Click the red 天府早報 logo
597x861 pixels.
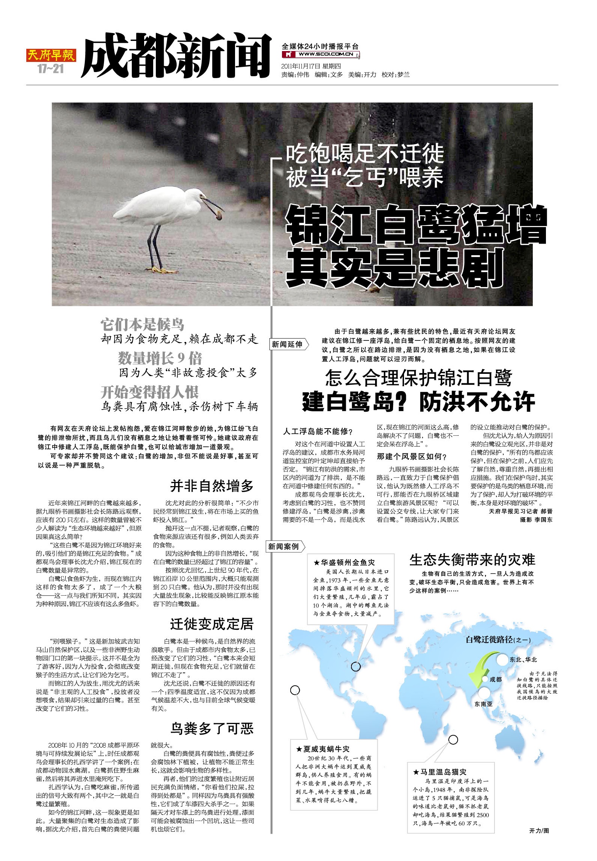tap(51, 56)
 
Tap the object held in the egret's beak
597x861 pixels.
tap(219, 215)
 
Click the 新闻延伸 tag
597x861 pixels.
tap(287, 344)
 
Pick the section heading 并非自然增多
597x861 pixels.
tap(212, 486)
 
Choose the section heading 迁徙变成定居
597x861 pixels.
tap(212, 624)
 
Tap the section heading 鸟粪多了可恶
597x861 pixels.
tap(212, 729)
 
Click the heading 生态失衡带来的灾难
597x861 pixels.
tap(472, 560)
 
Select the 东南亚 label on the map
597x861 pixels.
tap(483, 704)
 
